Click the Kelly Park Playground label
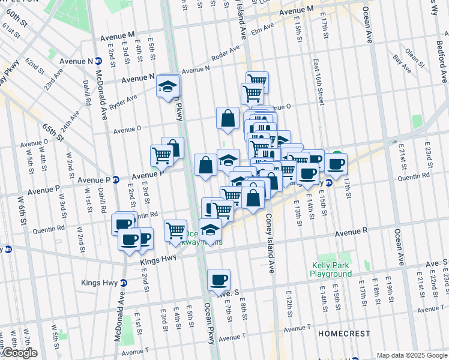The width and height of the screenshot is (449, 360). [x=331, y=269]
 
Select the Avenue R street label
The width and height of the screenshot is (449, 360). [x=351, y=232]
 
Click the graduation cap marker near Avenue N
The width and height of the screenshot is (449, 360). [x=168, y=86]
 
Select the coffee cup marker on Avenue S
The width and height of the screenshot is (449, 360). [x=218, y=280]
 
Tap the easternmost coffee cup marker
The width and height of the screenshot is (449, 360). [x=336, y=163]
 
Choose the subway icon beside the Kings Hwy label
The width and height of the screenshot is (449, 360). [x=124, y=283]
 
